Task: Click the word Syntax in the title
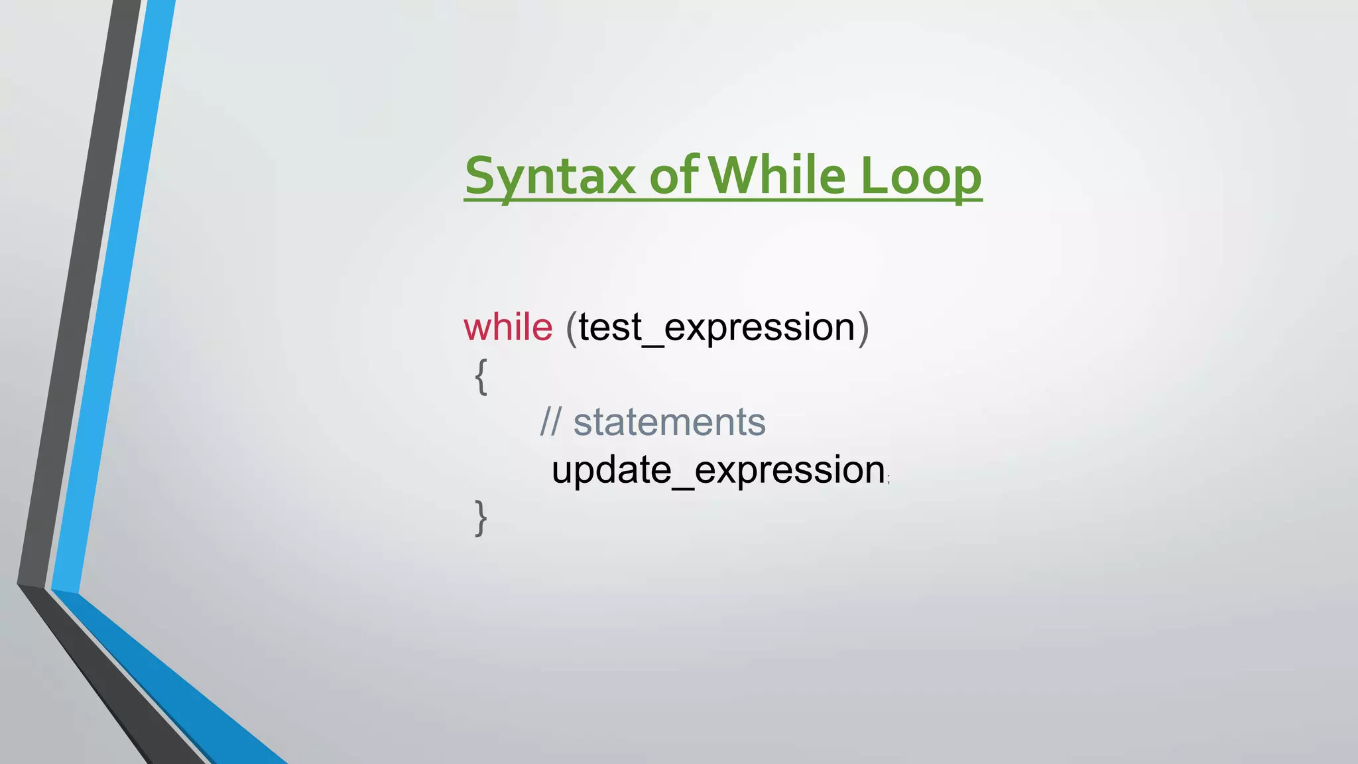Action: (550, 176)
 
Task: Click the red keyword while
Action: (508, 327)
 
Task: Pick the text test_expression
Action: (716, 328)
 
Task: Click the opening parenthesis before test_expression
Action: (571, 328)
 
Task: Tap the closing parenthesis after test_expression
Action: (863, 328)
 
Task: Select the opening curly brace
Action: (481, 377)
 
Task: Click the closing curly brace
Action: (481, 518)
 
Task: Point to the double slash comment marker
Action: (550, 422)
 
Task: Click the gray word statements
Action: (669, 422)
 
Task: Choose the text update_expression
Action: (718, 470)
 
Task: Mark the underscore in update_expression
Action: (683, 485)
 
